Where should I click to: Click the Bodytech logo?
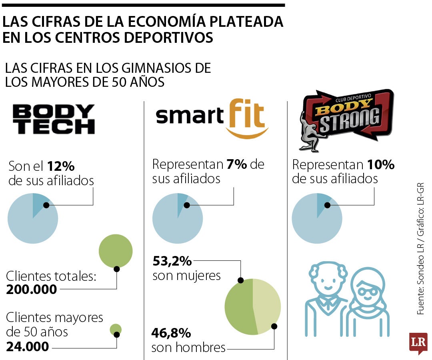click(54, 119)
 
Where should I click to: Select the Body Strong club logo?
click(346, 119)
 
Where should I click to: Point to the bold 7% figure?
click(236, 164)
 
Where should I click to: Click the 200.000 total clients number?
click(32, 289)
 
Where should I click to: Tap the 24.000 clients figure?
click(28, 346)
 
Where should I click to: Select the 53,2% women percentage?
click(172, 262)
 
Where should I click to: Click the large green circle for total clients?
click(116, 251)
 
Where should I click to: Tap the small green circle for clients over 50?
click(116, 330)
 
